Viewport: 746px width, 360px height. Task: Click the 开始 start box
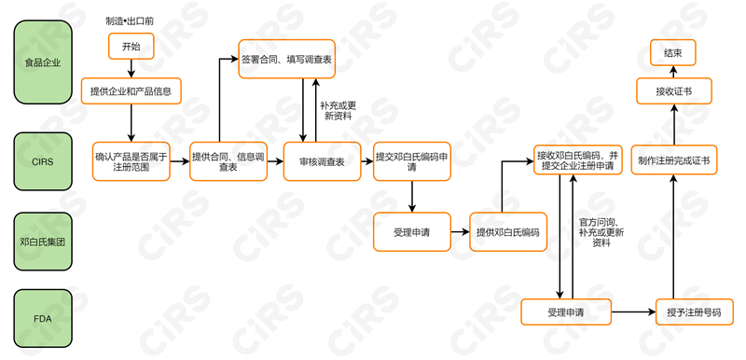pyautogui.click(x=131, y=46)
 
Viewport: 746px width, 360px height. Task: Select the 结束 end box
pyautogui.click(x=672, y=54)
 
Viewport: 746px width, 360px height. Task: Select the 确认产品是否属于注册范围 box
pyautogui.click(x=131, y=161)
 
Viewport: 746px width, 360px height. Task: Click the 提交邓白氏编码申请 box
pyautogui.click(x=411, y=161)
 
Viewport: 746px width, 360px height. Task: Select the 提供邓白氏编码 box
pyautogui.click(x=508, y=231)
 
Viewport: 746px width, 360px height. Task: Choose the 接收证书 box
pyautogui.click(x=672, y=90)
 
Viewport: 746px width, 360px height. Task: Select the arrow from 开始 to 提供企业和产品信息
pyautogui.click(x=131, y=67)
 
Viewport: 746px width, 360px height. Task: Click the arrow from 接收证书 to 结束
pyautogui.click(x=672, y=72)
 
